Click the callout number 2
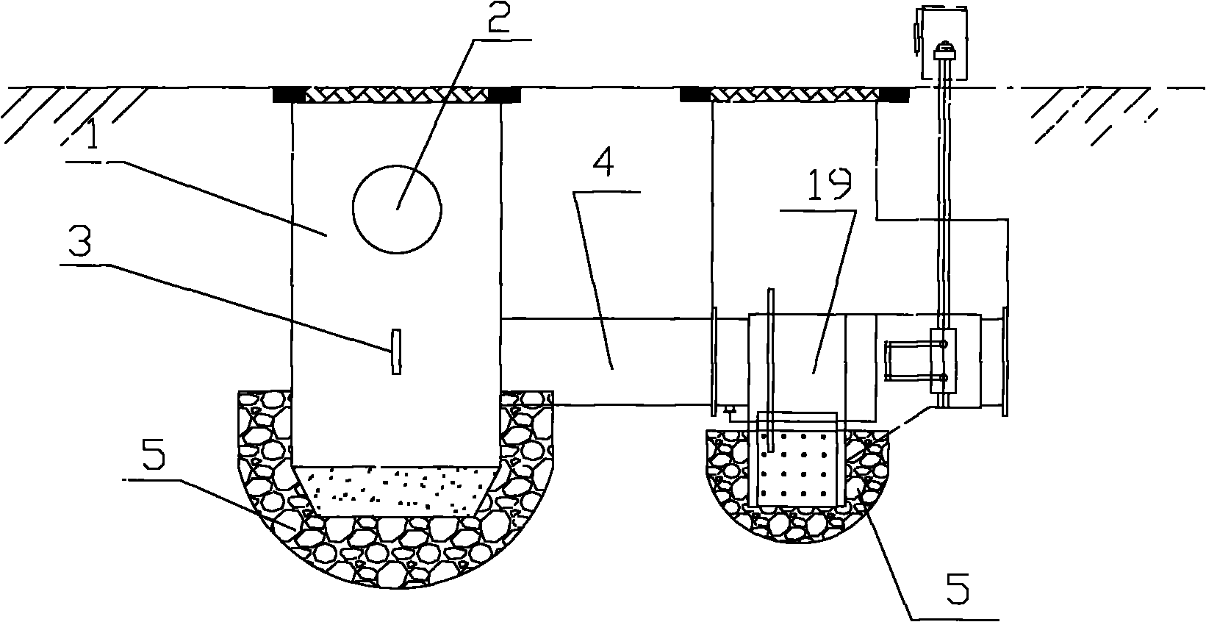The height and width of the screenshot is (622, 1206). coord(498,17)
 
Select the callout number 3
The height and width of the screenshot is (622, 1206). coord(79,240)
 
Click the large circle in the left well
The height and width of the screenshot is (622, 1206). coord(398,209)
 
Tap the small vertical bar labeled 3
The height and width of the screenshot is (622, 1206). coord(396,351)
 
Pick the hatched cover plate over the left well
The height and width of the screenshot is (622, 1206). coord(397,96)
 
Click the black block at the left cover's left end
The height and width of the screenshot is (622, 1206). coord(289,96)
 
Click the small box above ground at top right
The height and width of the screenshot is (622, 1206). coord(944,43)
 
